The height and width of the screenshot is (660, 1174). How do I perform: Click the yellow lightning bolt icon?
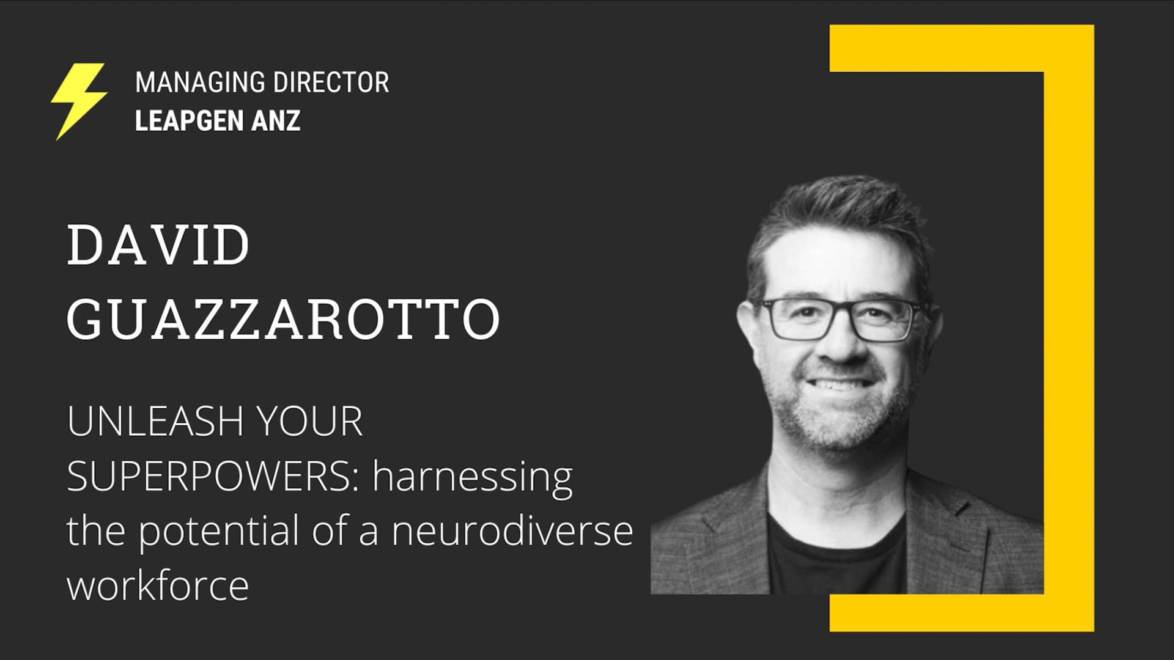click(x=79, y=101)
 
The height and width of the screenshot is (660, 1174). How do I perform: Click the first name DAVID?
click(x=158, y=245)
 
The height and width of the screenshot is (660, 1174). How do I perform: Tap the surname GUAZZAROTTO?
click(x=284, y=319)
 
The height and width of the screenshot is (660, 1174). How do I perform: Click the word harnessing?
click(x=473, y=478)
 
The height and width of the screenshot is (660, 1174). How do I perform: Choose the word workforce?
click(x=158, y=584)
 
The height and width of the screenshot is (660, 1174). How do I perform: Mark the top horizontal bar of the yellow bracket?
click(x=961, y=48)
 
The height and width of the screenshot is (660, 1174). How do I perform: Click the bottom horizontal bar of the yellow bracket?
click(x=961, y=612)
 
